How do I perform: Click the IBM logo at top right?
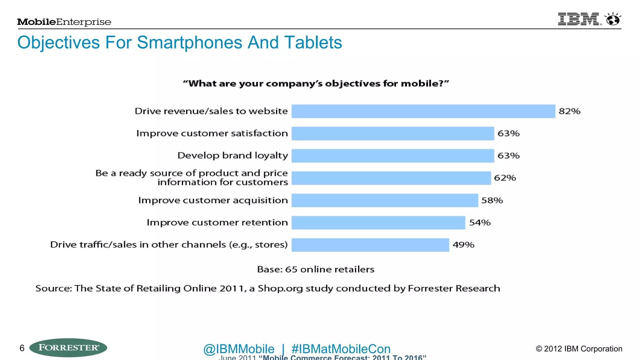[579, 19]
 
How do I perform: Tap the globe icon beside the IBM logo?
[613, 19]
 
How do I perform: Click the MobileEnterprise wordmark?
[64, 22]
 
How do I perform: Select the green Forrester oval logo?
[68, 347]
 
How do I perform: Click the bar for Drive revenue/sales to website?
[423, 111]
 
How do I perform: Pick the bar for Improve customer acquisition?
[385, 200]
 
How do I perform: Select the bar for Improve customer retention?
[378, 222]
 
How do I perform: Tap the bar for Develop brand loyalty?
[392, 156]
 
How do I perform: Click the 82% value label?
[569, 111]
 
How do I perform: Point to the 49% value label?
[463, 245]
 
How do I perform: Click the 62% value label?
[505, 178]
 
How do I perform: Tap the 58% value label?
[492, 200]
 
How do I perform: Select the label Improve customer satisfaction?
[212, 133]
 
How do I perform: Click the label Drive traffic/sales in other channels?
[169, 245]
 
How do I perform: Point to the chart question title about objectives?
[316, 84]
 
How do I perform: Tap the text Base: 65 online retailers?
[316, 269]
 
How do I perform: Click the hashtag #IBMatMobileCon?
[341, 349]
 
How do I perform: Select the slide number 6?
[22, 348]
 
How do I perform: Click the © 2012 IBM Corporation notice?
[579, 349]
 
